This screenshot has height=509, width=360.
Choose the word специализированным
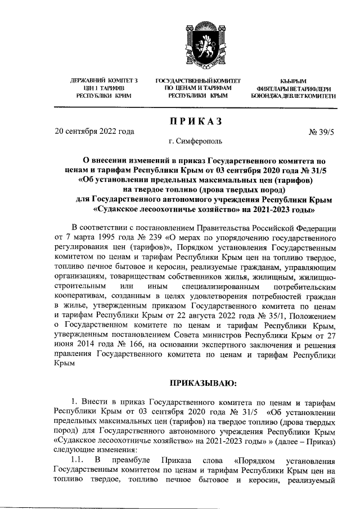click(x=205, y=286)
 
